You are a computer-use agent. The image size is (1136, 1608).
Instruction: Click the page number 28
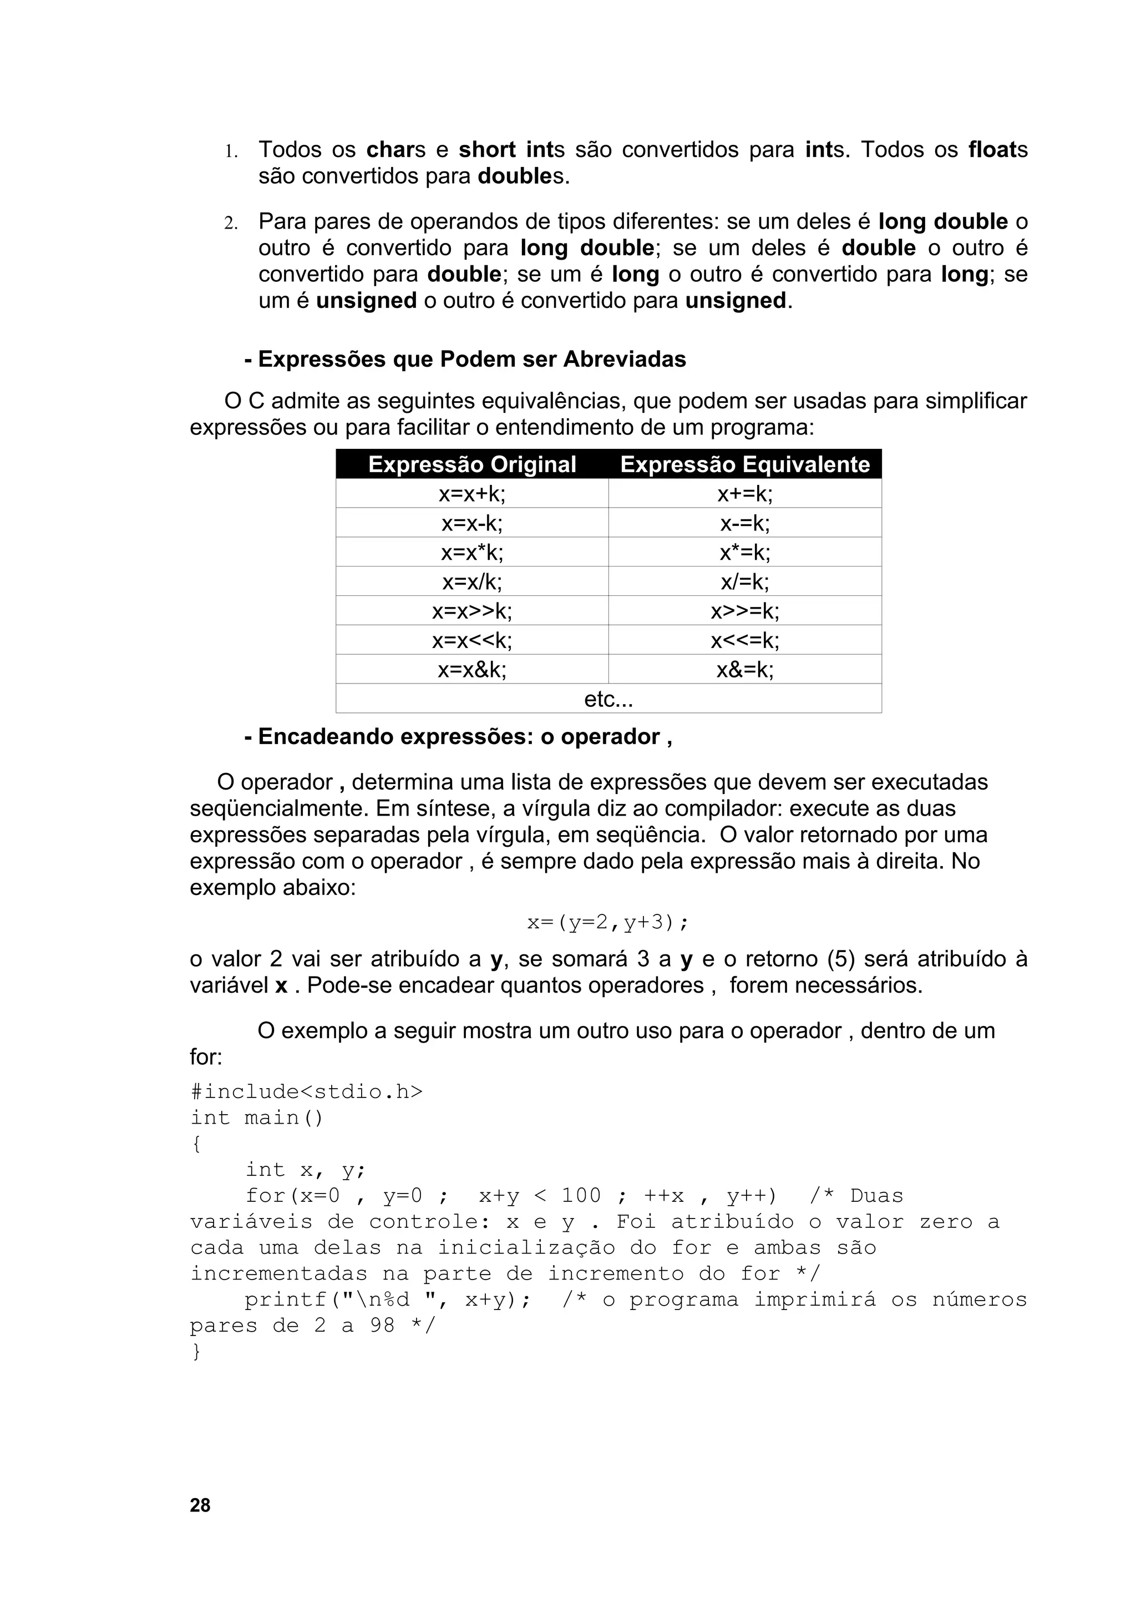coord(200,1504)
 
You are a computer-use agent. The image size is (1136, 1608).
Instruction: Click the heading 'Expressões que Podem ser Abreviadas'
coord(465,360)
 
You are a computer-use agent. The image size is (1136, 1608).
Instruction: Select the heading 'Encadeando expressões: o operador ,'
coord(459,737)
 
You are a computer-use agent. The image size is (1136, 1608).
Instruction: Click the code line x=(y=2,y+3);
coord(607,922)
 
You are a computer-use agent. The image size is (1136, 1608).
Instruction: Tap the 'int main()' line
coord(256,1117)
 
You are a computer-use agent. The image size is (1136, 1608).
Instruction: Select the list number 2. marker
coord(230,224)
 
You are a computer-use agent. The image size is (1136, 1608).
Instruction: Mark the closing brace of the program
coord(196,1352)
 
